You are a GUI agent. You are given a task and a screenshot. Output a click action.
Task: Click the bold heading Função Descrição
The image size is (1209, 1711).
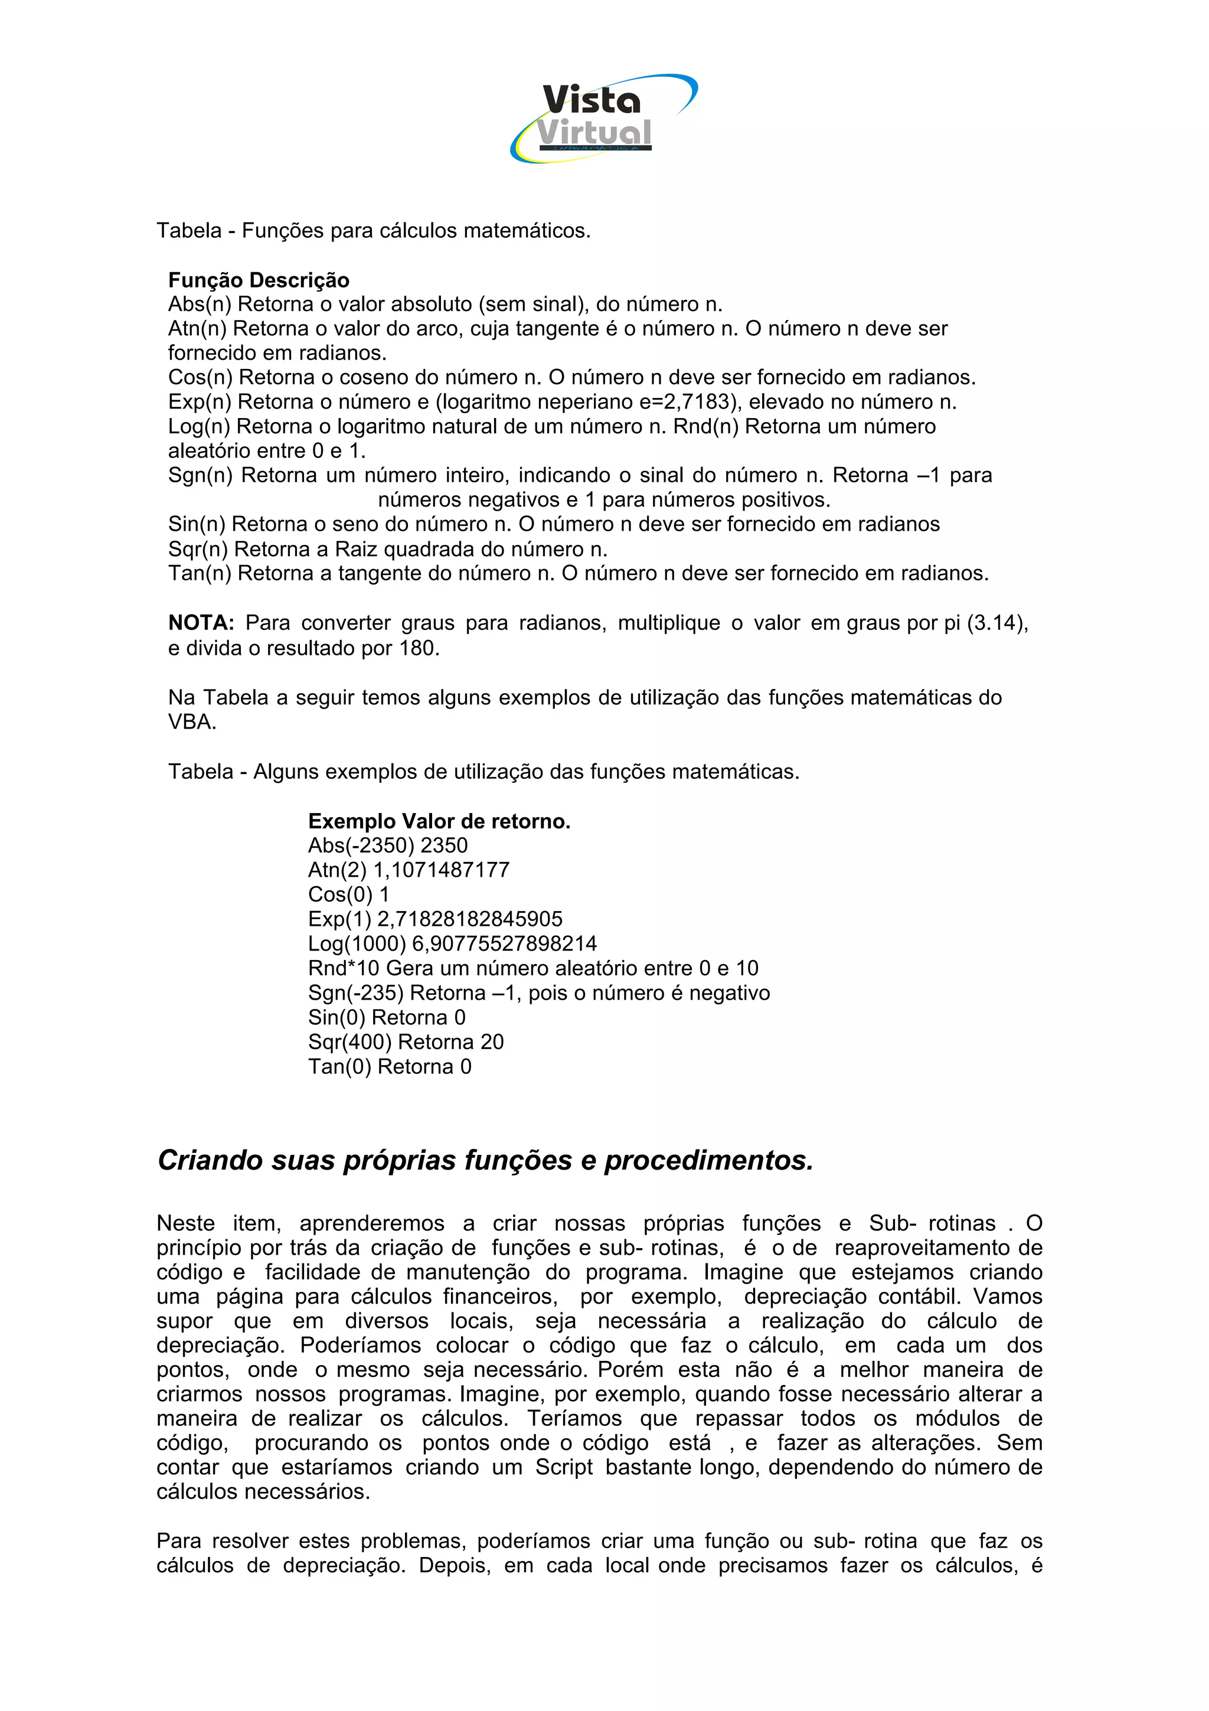pyautogui.click(x=259, y=280)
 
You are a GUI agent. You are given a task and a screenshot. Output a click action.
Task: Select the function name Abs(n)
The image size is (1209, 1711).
pyautogui.click(x=200, y=305)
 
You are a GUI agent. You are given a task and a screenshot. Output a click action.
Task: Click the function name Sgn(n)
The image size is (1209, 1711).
pyautogui.click(x=200, y=475)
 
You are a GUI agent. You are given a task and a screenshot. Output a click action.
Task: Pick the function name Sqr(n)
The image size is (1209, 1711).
pyautogui.click(x=198, y=549)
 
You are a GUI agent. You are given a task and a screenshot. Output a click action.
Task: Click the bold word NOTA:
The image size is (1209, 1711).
pyautogui.click(x=201, y=623)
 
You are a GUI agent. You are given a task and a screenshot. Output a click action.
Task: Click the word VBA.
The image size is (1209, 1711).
pyautogui.click(x=191, y=722)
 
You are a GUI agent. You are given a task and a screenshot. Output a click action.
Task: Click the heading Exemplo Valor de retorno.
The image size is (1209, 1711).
pyautogui.click(x=439, y=821)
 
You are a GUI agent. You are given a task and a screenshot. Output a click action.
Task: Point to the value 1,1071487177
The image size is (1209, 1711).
pyautogui.click(x=441, y=870)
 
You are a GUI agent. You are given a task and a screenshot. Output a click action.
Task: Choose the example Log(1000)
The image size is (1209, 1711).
pyautogui.click(x=357, y=944)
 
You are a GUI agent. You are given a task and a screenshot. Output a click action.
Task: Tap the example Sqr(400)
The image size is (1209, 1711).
pyautogui.click(x=350, y=1043)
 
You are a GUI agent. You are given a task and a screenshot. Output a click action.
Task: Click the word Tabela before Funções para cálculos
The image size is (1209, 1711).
pyautogui.click(x=189, y=231)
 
